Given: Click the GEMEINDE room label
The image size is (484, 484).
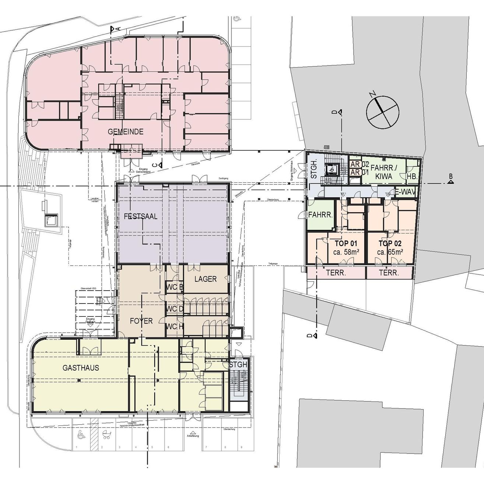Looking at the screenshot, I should (125, 132).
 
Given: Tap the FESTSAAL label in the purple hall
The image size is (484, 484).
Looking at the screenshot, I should (141, 217).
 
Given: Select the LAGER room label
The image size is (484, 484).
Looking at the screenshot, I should (206, 279).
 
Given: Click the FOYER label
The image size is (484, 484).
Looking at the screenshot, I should (141, 321).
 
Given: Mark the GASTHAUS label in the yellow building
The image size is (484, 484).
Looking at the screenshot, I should (81, 368).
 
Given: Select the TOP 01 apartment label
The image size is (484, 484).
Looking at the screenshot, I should (346, 243).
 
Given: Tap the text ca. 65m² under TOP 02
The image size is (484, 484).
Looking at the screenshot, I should (390, 252).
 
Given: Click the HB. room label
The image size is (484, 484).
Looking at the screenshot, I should (412, 177).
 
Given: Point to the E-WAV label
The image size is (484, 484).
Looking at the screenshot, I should (405, 192).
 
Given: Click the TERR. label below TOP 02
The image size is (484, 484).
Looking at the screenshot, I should (389, 273).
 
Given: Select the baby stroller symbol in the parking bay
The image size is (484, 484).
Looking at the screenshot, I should (107, 435).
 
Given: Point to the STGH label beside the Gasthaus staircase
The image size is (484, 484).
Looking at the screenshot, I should (238, 365).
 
